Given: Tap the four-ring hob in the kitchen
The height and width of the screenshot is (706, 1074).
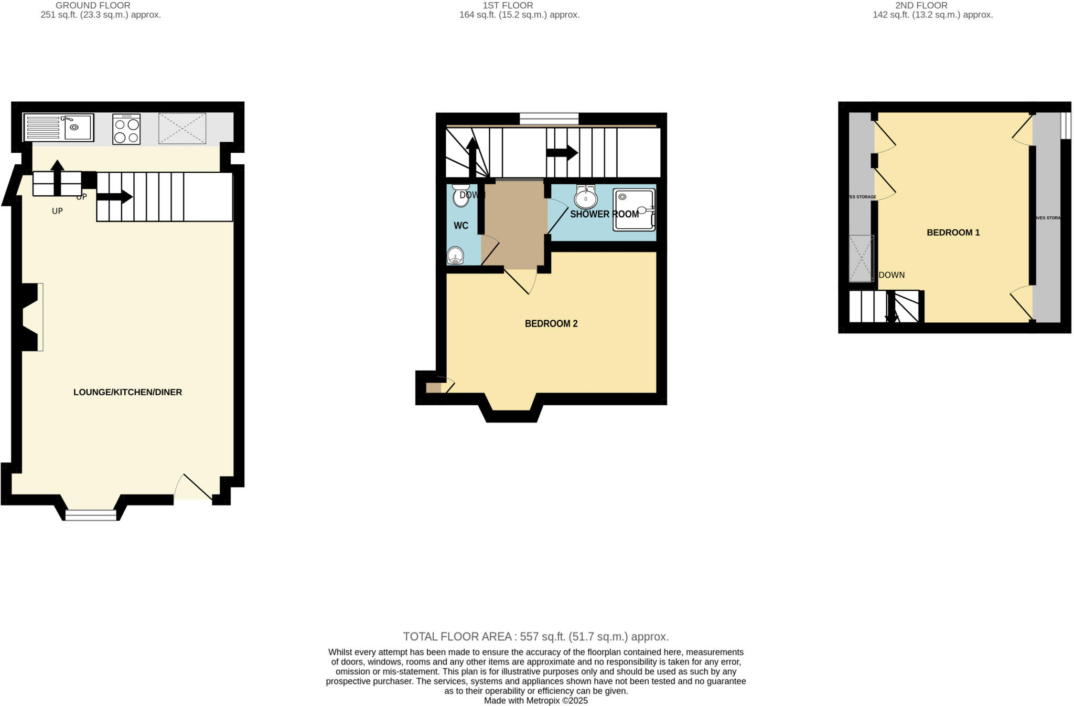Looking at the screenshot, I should (x=126, y=130).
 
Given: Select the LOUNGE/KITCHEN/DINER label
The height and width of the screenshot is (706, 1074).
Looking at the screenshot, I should (x=127, y=392).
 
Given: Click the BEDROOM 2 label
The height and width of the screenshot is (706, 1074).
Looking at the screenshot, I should (x=551, y=324).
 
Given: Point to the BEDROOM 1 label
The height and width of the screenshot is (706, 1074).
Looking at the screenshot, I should (x=953, y=233).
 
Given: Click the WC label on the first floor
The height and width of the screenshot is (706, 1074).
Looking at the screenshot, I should (x=461, y=226).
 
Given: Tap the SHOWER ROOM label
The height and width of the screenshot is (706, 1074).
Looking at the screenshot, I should (x=604, y=214).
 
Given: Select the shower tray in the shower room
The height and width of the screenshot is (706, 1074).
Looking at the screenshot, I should (x=634, y=210).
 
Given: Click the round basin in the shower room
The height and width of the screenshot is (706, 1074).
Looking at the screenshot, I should (x=585, y=198).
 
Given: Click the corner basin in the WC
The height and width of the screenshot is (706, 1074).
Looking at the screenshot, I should (x=455, y=256).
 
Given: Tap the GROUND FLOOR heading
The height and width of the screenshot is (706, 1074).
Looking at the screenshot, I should (x=93, y=5).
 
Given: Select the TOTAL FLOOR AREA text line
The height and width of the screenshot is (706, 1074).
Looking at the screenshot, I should (x=535, y=637).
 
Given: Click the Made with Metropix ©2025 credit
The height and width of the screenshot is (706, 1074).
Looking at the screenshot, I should (x=535, y=701).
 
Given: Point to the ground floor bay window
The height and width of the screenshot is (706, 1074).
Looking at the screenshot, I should (x=91, y=515).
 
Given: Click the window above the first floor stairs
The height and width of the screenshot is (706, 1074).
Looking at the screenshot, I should (x=549, y=119).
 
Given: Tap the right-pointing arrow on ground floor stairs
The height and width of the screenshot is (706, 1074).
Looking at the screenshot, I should (x=114, y=197).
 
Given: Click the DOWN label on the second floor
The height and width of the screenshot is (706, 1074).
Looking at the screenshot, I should (x=892, y=275).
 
